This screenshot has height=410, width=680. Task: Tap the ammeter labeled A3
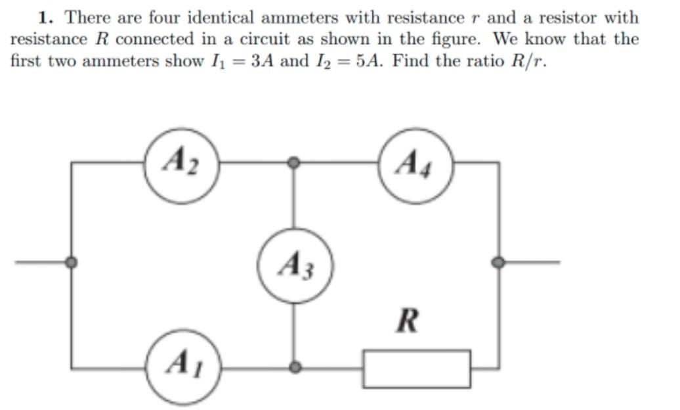click(295, 266)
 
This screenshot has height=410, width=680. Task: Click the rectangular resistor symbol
click(417, 369)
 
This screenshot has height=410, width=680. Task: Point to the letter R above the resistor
click(408, 323)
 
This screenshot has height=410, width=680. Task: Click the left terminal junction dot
click(72, 262)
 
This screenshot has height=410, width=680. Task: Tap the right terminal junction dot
click(498, 262)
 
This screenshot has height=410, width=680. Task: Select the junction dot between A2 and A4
click(295, 162)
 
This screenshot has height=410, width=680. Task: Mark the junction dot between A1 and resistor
click(295, 367)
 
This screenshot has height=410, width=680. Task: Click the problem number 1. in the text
click(46, 18)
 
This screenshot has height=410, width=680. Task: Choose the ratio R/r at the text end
click(525, 61)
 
